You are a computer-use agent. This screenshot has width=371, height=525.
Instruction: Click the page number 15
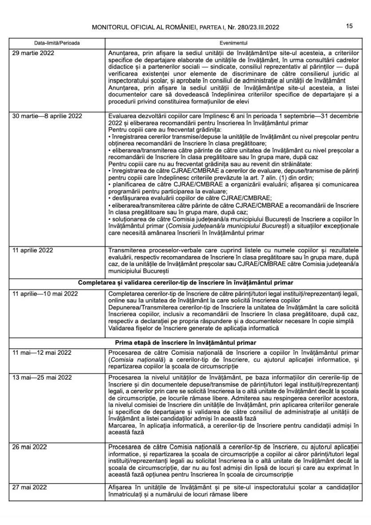(x=349, y=26)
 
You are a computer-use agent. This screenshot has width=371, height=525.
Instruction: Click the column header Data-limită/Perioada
(x=57, y=43)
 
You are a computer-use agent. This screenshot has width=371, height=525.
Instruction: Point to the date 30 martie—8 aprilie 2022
(x=47, y=116)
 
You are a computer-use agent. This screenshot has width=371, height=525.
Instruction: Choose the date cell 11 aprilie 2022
(x=33, y=250)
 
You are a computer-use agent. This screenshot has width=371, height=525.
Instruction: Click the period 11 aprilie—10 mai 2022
(x=45, y=294)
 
